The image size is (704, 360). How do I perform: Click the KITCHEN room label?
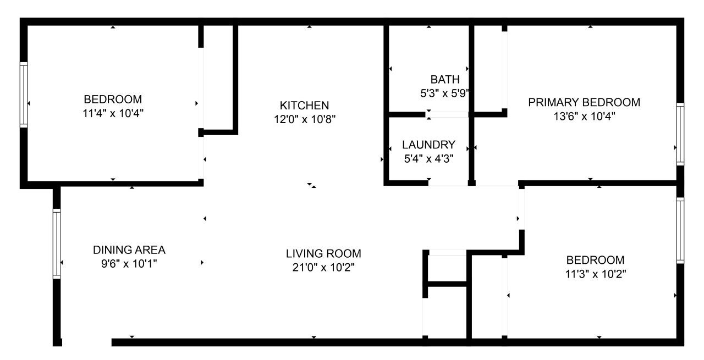click(304, 105)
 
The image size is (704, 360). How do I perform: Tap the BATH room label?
click(445, 80)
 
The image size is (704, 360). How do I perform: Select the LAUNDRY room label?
click(428, 145)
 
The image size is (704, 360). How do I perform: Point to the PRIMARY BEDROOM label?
click(584, 102)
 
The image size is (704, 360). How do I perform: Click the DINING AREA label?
click(129, 250)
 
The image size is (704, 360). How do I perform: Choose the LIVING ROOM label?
click(323, 253)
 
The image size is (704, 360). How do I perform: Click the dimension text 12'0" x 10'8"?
click(305, 119)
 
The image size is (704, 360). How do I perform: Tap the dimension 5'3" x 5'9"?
click(445, 93)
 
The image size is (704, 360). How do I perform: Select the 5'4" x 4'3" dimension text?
click(428, 159)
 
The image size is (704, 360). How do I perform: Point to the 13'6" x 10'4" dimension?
click(584, 117)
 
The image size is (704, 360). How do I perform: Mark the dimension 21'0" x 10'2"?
click(323, 267)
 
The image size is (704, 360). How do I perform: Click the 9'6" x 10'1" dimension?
click(129, 264)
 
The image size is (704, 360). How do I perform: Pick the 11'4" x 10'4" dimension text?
click(113, 113)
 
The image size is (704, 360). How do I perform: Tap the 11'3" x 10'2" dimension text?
click(595, 274)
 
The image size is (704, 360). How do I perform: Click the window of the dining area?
click(57, 243)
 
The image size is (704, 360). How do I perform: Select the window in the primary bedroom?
click(680, 134)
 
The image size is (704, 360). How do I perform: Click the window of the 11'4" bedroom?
click(24, 95)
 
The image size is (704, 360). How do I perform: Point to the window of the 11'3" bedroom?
click(680, 231)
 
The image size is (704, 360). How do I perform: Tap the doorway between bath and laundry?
click(447, 115)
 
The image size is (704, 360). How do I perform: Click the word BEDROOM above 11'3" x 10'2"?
click(595, 260)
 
